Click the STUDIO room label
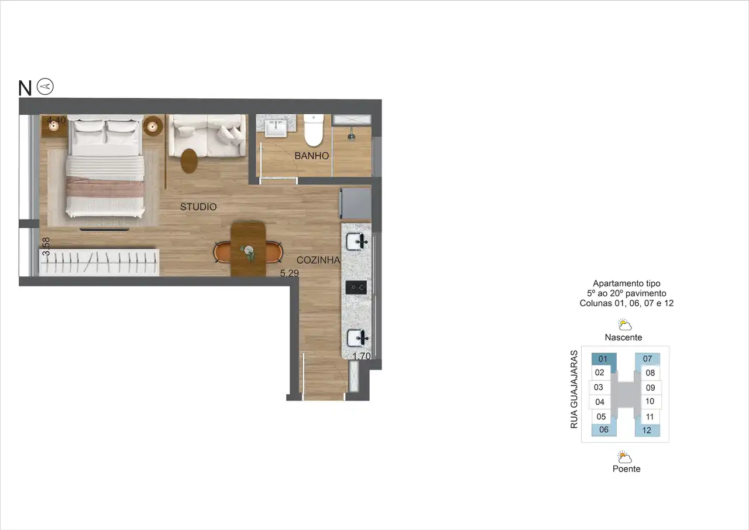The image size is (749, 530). [x=198, y=207]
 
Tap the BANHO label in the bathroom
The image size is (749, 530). [x=312, y=156]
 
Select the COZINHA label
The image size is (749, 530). [x=318, y=260]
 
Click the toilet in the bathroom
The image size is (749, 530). [x=314, y=130]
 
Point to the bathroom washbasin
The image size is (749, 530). [x=276, y=128]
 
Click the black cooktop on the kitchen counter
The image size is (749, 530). [x=356, y=288]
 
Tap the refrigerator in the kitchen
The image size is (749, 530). [x=356, y=203]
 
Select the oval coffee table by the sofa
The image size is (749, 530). [x=189, y=161]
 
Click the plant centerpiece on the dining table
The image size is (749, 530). [x=249, y=252]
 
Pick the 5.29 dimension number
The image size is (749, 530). [x=289, y=273]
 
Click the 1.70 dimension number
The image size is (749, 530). [x=362, y=356]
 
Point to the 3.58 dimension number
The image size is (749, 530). [x=46, y=247]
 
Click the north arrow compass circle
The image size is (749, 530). [x=45, y=87]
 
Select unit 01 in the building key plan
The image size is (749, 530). [x=603, y=359]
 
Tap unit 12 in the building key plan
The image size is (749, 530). [x=647, y=430]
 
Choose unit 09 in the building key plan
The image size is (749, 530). [x=650, y=388]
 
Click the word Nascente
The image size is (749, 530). [x=623, y=337]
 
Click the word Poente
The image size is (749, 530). [x=626, y=469]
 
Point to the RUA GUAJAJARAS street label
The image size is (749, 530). [x=574, y=389]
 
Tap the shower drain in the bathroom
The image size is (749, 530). [x=352, y=136]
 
